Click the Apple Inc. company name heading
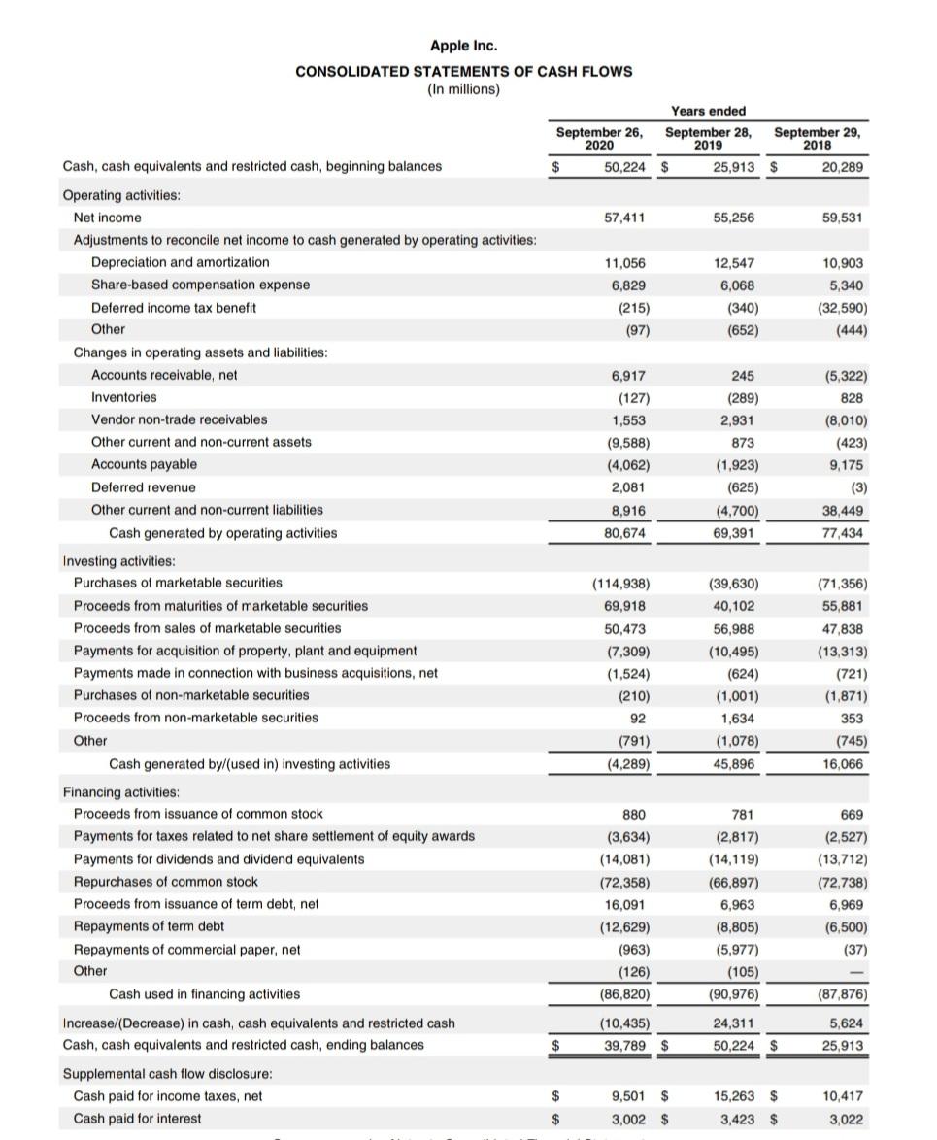464,46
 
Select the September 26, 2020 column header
600,138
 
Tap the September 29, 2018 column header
817,138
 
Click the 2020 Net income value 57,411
625,218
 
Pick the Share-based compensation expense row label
200,285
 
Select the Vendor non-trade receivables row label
179,419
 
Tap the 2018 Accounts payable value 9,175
847,464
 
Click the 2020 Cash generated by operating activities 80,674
625,532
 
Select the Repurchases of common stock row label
165,881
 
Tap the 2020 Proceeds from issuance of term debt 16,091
625,903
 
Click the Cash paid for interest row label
137,1118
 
